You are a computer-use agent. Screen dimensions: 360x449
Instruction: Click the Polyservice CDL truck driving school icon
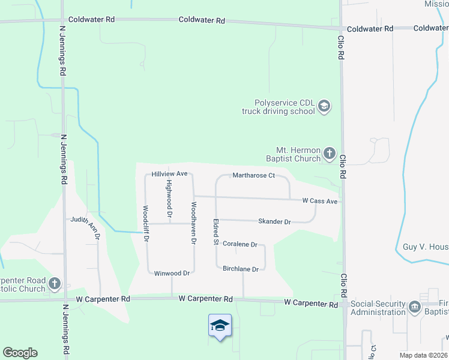point(324,107)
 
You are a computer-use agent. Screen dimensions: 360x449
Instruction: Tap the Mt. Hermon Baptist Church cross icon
point(329,154)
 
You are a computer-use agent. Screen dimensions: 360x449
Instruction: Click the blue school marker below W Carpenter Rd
point(220,326)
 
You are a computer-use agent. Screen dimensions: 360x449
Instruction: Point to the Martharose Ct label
point(253,176)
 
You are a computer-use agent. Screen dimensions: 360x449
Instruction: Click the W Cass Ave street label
point(319,201)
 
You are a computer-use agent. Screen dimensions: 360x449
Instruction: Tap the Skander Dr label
point(274,222)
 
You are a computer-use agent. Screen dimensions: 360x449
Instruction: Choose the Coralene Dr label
point(240,245)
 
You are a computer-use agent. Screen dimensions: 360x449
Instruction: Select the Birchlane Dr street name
point(240,269)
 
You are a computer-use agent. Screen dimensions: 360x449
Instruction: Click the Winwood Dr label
point(172,273)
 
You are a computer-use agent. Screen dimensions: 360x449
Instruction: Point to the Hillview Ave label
point(170,173)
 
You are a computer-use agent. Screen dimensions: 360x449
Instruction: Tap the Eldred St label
point(214,232)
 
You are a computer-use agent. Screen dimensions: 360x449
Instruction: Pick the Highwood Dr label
point(169,198)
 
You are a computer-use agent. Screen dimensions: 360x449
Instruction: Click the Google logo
point(20,353)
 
